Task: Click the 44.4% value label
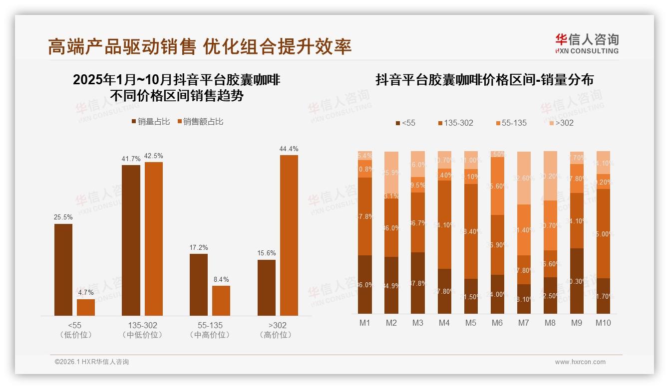click(x=289, y=149)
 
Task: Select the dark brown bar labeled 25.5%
click(x=63, y=269)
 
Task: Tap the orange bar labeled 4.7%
click(x=86, y=307)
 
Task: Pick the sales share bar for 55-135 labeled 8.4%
click(x=221, y=300)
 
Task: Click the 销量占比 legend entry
click(x=151, y=122)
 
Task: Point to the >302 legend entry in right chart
click(x=562, y=123)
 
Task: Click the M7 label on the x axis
click(x=523, y=323)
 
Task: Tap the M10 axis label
click(x=603, y=323)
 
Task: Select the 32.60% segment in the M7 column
click(x=523, y=178)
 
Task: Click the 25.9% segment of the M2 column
click(x=391, y=173)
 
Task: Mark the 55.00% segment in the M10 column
click(x=603, y=233)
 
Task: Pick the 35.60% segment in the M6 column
click(x=497, y=186)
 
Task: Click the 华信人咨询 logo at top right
click(x=587, y=43)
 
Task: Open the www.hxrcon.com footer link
click(x=580, y=362)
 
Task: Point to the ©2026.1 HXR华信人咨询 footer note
click(x=92, y=362)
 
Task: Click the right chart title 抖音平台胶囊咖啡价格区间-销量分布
click(x=484, y=80)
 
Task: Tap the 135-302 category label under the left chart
click(x=142, y=326)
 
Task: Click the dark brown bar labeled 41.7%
click(x=131, y=240)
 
